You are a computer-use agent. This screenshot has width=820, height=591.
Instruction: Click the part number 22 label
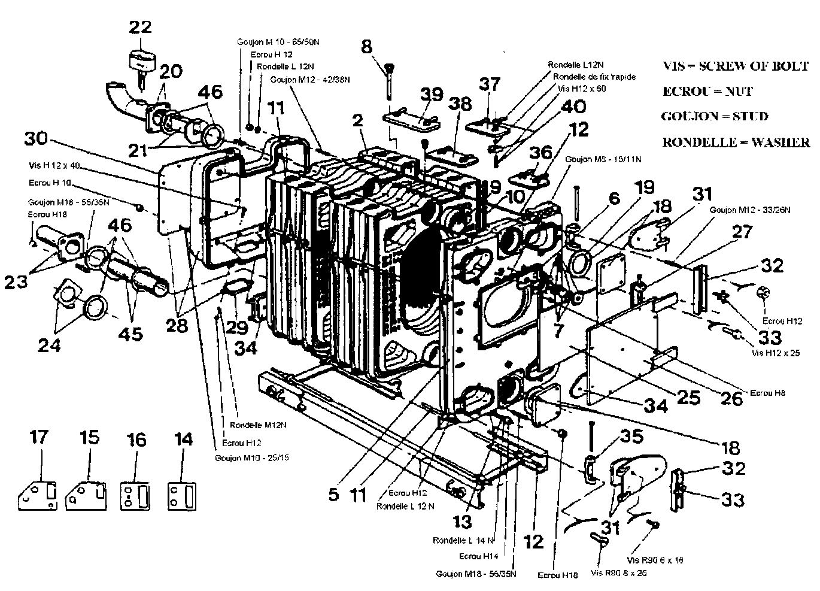(140, 28)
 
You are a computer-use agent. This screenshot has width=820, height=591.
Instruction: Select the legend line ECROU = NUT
(707, 91)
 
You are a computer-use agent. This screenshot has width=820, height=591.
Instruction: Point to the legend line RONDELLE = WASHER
(736, 143)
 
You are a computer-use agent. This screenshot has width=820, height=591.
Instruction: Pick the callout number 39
(432, 95)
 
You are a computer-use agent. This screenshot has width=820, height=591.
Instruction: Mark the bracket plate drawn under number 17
(38, 495)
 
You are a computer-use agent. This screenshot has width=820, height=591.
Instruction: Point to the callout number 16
(136, 440)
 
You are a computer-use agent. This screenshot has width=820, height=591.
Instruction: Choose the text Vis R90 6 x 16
(655, 560)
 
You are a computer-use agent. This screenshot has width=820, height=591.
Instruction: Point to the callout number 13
(462, 522)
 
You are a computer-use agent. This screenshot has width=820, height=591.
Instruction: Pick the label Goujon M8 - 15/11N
(604, 159)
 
